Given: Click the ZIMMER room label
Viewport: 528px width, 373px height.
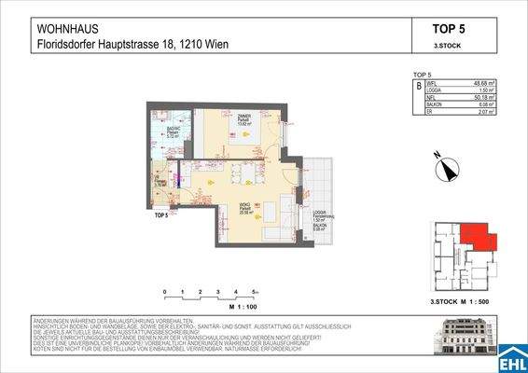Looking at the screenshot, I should pyautogui.click(x=242, y=117).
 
